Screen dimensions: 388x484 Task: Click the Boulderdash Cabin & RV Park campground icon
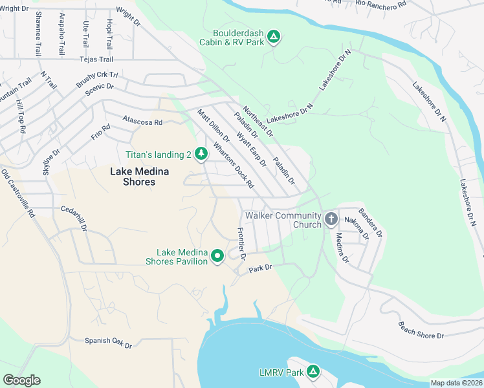pyautogui.click(x=274, y=38)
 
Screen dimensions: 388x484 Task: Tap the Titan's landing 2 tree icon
pyautogui.click(x=201, y=153)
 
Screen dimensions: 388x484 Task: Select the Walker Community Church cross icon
pyautogui.click(x=331, y=219)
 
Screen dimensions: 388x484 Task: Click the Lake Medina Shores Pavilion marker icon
pyautogui.click(x=218, y=256)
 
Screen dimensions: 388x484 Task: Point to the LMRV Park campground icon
pyautogui.click(x=313, y=372)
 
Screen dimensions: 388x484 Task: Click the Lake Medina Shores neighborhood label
pyautogui.click(x=133, y=177)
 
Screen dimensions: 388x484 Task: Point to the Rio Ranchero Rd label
pyautogui.click(x=380, y=4)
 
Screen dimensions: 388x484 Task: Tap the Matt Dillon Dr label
pyautogui.click(x=214, y=125)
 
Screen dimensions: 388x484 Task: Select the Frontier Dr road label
pyautogui.click(x=242, y=244)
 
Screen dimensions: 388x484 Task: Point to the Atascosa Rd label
pyautogui.click(x=142, y=121)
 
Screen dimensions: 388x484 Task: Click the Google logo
pyautogui.click(x=22, y=380)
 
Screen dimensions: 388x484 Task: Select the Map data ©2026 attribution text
pyautogui.click(x=456, y=383)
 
